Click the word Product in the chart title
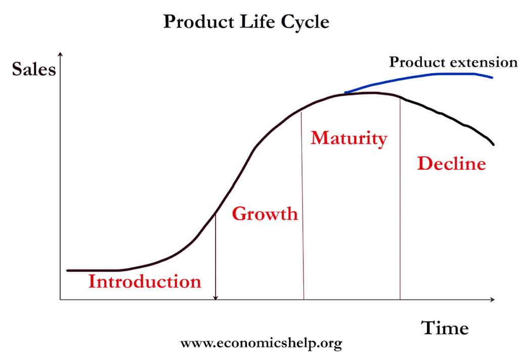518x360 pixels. (x=199, y=22)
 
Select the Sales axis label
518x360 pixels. (x=34, y=69)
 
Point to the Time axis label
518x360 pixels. (x=445, y=328)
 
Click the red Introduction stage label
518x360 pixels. (x=145, y=282)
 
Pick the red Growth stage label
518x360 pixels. (x=265, y=213)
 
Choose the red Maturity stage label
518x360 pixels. (x=349, y=139)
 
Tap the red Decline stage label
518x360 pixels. (x=452, y=163)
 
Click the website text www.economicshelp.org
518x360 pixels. (x=261, y=343)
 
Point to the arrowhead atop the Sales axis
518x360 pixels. (x=60, y=54)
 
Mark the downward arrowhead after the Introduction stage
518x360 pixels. (x=215, y=298)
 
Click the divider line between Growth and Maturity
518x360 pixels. (x=303, y=206)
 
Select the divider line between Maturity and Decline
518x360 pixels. (x=400, y=199)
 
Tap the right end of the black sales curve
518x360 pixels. (x=494, y=144)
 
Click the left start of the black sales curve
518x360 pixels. (x=67, y=271)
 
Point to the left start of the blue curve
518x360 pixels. (x=345, y=93)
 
